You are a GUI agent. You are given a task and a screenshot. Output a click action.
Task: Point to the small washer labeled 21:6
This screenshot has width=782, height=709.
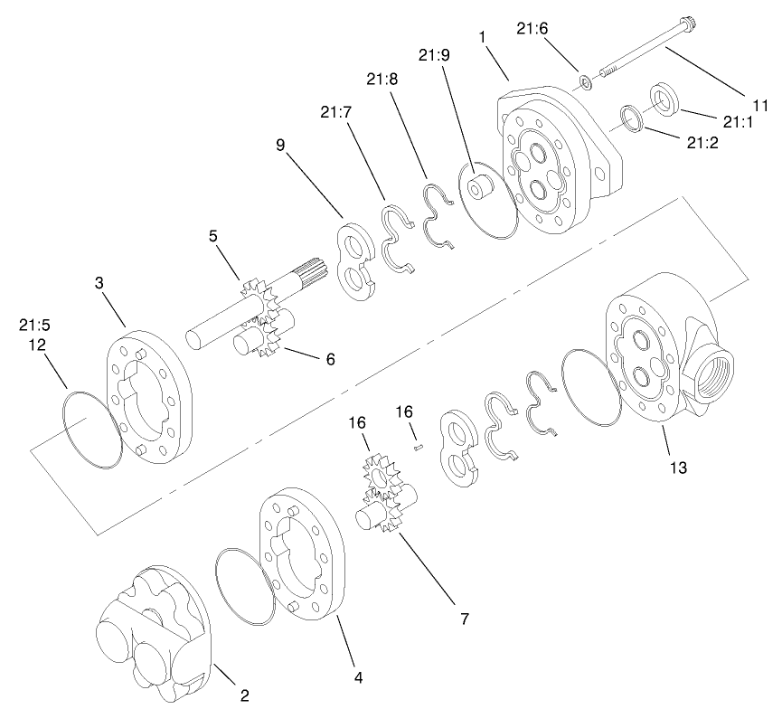585,83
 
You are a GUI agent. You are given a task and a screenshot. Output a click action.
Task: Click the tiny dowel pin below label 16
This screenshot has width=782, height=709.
417,444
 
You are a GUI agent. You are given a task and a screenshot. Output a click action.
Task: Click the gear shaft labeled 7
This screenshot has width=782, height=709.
380,516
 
